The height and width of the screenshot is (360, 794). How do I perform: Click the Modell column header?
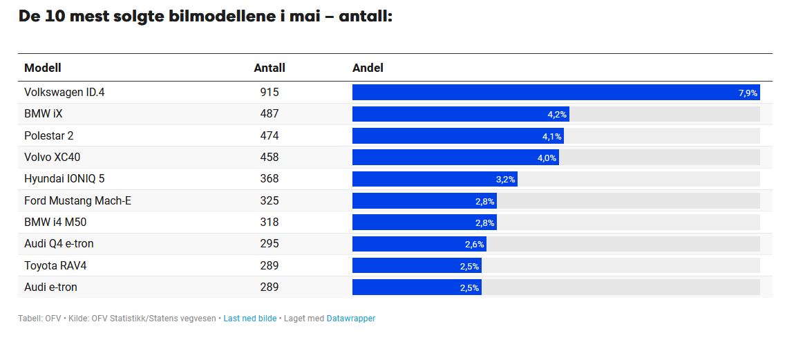pos(43,68)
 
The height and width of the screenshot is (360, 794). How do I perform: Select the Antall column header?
pos(270,68)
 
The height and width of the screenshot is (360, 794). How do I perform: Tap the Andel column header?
pos(368,68)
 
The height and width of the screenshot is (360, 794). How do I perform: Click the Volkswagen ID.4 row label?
pos(64,93)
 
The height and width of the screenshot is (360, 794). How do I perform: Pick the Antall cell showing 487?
pos(270,114)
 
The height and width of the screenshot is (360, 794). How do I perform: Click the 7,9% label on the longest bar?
pos(748,93)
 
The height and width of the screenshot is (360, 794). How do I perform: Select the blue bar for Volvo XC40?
pos(456,158)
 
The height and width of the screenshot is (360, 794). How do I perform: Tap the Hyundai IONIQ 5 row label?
pos(64,179)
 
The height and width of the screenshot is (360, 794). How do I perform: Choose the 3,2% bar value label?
pos(505,179)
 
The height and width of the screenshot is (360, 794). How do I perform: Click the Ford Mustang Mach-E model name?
pos(77,201)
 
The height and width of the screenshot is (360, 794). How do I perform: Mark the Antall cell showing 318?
pos(270,222)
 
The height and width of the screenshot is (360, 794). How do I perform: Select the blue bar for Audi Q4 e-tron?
pos(419,244)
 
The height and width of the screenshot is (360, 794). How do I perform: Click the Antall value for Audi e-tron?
pos(270,287)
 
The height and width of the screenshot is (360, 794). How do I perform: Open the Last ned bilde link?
pos(250,319)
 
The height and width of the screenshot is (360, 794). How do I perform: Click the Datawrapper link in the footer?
pos(351,319)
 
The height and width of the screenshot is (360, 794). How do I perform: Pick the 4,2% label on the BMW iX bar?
pos(557,115)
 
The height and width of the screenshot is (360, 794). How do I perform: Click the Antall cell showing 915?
pos(270,93)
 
